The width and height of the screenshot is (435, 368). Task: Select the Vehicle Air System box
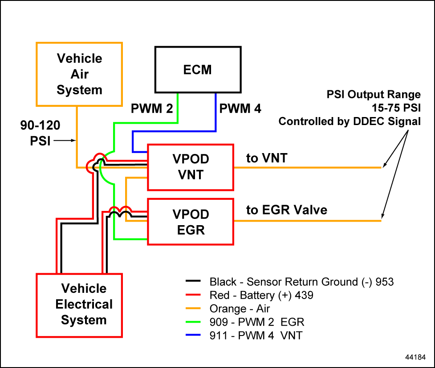[x=79, y=74]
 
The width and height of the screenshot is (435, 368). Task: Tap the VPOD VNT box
[x=191, y=167]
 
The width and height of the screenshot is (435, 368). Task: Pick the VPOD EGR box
[x=191, y=222]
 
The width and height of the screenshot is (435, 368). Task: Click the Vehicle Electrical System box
[x=84, y=305]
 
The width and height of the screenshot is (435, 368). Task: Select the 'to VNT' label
[x=267, y=158]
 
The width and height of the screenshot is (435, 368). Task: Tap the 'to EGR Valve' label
[x=287, y=210]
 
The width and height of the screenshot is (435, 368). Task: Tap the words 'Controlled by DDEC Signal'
[x=350, y=121]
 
